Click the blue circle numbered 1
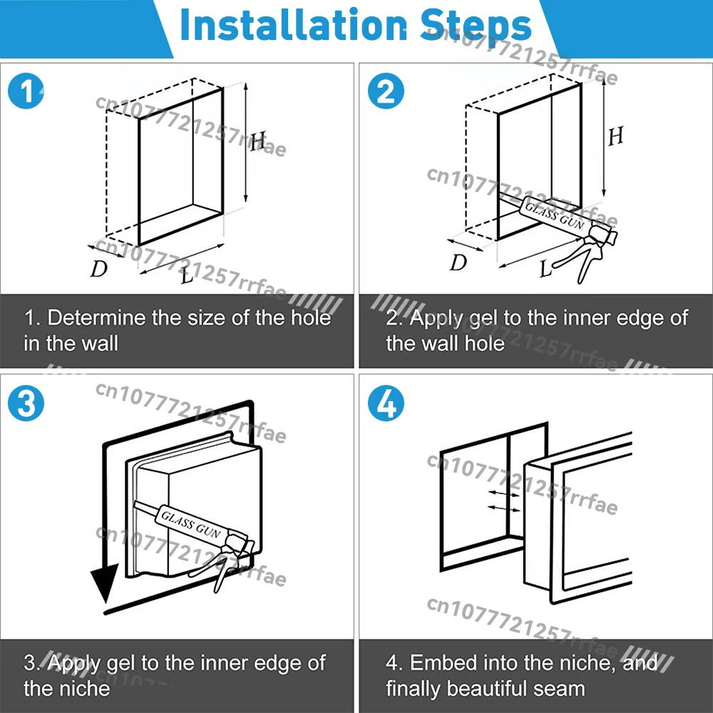tap(26, 93)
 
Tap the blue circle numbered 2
tap(386, 93)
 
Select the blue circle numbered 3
tap(26, 404)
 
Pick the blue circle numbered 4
tap(386, 404)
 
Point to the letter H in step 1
tap(258, 142)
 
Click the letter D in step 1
tap(98, 269)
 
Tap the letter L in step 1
tap(187, 275)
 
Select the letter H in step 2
tap(615, 135)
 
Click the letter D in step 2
tap(458, 262)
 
